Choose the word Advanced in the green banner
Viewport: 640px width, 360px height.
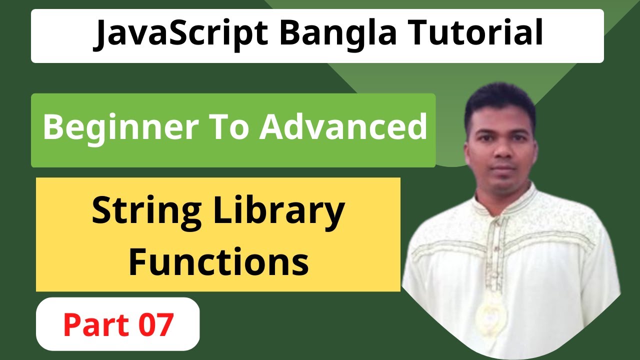[343, 127]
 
